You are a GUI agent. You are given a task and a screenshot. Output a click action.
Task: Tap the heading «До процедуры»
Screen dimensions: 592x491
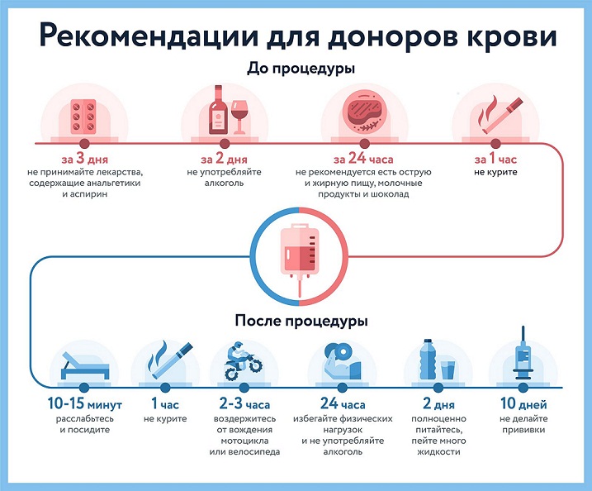tap(301, 69)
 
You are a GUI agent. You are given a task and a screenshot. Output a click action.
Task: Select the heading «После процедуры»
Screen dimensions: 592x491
tap(301, 321)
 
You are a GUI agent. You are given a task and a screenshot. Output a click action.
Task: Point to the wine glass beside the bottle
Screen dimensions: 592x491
tap(239, 117)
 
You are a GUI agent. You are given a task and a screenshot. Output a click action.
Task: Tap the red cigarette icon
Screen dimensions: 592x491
tap(500, 115)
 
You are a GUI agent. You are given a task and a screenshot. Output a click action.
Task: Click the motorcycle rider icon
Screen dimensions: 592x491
tap(243, 360)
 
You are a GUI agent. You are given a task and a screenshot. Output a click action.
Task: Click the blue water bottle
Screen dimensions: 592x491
tap(428, 359)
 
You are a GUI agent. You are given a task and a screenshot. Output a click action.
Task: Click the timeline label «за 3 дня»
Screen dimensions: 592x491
tap(84, 159)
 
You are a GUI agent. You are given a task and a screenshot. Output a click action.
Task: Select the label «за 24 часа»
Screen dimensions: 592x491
tap(363, 159)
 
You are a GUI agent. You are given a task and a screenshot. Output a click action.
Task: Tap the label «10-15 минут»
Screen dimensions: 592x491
tap(85, 403)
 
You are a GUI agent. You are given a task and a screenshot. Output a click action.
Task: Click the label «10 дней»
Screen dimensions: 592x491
tap(523, 403)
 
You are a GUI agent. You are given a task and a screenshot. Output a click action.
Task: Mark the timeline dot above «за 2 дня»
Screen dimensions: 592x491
tap(225, 143)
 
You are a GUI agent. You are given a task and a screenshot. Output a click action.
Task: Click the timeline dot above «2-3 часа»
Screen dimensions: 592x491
tap(244, 388)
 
